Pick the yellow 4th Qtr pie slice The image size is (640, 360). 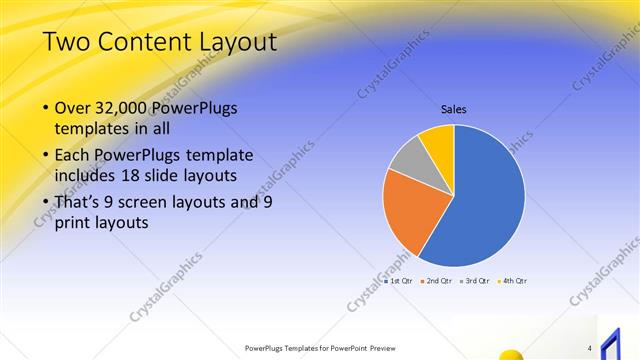pyautogui.click(x=438, y=142)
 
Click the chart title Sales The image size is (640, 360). pyautogui.click(x=454, y=109)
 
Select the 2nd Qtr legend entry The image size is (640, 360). pyautogui.click(x=437, y=280)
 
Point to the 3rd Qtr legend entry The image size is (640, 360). pyautogui.click(x=474, y=280)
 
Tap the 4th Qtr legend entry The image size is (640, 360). pyautogui.click(x=513, y=280)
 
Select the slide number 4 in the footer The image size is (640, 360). pyautogui.click(x=590, y=348)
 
